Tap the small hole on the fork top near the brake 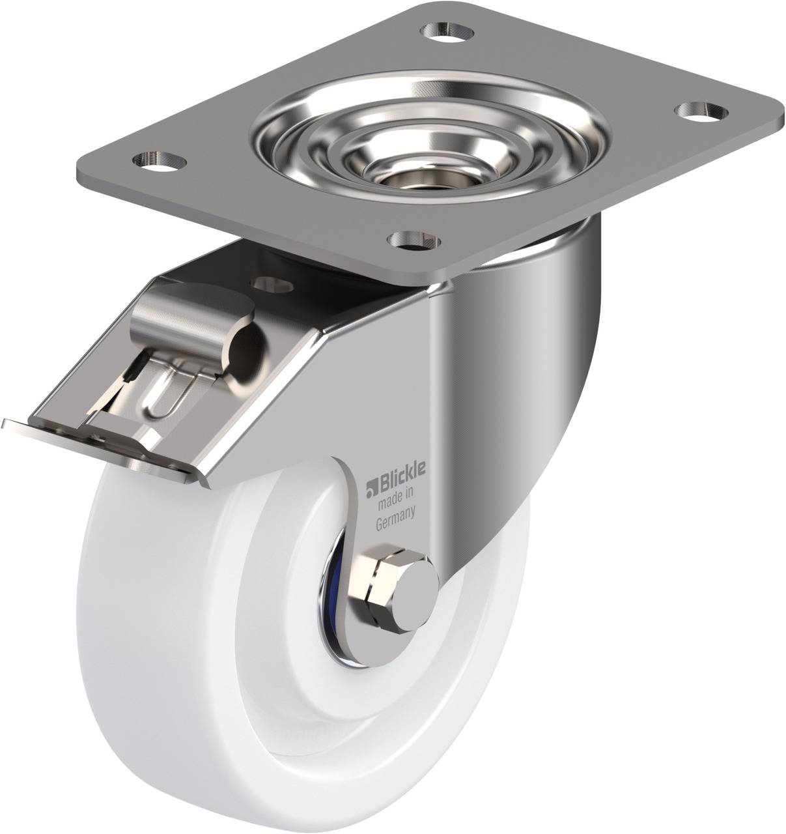[267, 281]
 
